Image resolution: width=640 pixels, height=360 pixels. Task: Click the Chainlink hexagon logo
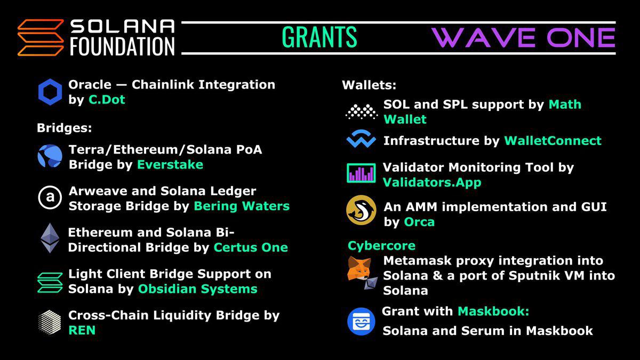coord(50,92)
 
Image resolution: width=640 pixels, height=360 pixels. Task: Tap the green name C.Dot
coord(107,100)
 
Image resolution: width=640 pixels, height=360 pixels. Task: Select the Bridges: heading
coord(65,128)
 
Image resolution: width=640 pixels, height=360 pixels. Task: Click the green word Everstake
coord(170,164)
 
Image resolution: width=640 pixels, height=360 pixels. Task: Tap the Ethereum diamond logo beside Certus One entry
coord(51,238)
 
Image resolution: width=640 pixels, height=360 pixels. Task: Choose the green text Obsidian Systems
coord(197,289)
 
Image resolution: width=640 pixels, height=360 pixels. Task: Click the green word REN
coord(82,330)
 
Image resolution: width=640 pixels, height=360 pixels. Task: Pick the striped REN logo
coord(50,322)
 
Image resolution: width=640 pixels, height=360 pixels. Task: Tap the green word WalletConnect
coord(553,141)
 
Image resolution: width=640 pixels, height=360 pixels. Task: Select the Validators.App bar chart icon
coord(361,173)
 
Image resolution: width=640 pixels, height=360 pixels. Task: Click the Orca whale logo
coord(361,210)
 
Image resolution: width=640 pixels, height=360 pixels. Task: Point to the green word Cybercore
coord(381,246)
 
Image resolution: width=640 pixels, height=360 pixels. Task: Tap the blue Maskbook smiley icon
coord(361,322)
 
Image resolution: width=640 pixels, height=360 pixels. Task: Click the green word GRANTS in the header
coord(319,37)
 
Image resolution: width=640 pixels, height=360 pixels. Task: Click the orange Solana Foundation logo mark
coord(40,37)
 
